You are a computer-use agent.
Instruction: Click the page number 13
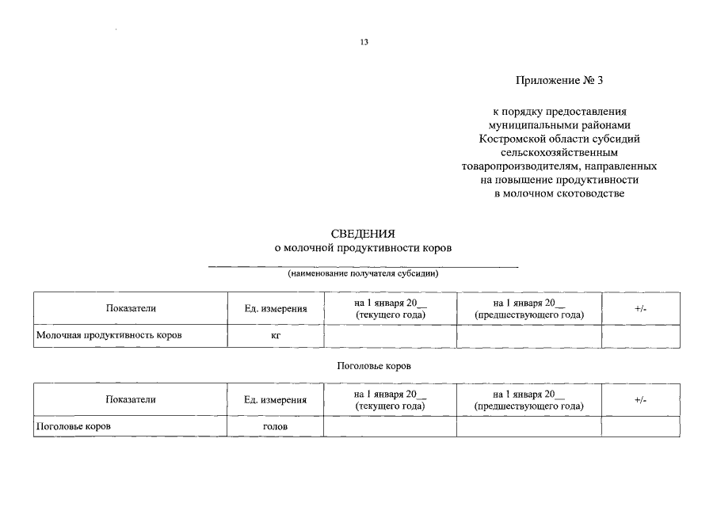pos(364,42)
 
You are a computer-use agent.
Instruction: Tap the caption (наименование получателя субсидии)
pos(363,274)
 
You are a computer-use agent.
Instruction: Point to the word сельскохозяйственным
pos(559,152)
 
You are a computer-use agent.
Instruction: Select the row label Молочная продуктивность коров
pos(109,335)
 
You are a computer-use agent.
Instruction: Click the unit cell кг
pos(276,336)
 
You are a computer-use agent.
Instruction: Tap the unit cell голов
pos(276,426)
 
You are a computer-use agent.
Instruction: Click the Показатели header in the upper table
pos(131,308)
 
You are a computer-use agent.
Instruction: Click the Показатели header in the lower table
pos(131,399)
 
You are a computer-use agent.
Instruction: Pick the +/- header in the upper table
pos(641,308)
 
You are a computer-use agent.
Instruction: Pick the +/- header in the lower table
pos(641,400)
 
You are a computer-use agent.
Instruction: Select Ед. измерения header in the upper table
pos(276,309)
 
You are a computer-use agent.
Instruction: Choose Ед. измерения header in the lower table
pos(276,400)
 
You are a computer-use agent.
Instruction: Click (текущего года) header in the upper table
pos(391,315)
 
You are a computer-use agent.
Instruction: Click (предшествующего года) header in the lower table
pos(529,406)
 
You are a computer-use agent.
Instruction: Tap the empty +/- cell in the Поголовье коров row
pos(641,426)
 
